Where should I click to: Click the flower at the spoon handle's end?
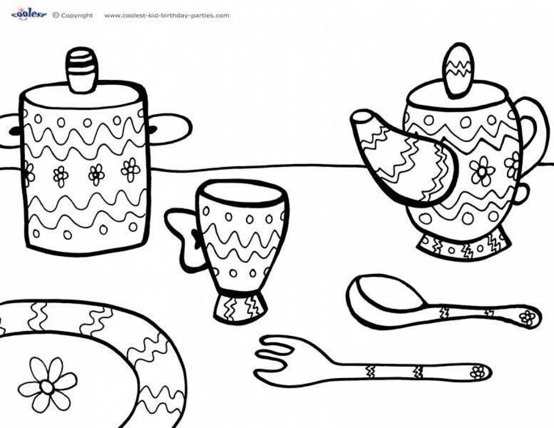(526, 317)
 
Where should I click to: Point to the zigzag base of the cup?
(240, 307)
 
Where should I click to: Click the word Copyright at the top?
(77, 16)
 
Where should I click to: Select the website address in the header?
(167, 16)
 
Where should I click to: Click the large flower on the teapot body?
(482, 171)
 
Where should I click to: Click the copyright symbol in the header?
(55, 15)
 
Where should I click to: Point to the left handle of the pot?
(10, 131)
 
